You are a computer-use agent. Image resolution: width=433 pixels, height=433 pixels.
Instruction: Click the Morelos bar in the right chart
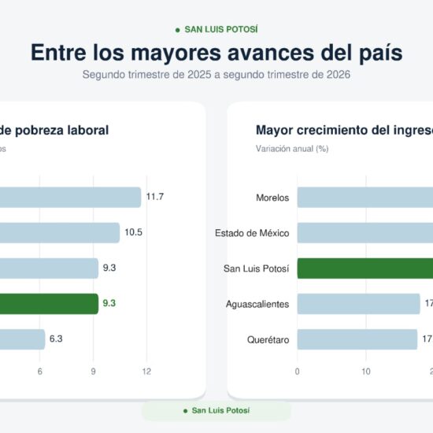point(365,197)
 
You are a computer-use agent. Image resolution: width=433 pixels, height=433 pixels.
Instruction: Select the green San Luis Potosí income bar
point(365,268)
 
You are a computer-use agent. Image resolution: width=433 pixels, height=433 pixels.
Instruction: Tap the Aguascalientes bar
point(358,304)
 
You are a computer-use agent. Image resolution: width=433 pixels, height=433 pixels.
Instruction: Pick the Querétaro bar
point(357,339)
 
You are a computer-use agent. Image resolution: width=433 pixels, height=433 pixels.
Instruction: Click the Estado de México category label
point(252,233)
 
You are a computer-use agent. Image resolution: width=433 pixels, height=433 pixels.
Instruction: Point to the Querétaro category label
point(268,339)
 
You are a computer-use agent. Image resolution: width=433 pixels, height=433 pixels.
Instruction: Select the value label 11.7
point(154,197)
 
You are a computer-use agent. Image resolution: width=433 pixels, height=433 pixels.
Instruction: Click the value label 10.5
point(133,232)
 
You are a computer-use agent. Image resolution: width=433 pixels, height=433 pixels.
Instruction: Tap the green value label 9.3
point(109,303)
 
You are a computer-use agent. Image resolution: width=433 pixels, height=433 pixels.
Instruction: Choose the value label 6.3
point(56,339)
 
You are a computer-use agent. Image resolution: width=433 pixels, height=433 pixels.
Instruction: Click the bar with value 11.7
point(70,197)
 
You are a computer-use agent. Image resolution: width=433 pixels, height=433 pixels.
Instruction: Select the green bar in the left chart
point(49,304)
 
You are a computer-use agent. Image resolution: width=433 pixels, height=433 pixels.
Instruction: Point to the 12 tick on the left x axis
point(146,372)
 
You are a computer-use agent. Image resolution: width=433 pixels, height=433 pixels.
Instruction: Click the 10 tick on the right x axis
point(366,372)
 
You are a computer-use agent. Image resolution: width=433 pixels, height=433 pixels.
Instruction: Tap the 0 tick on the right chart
point(297,372)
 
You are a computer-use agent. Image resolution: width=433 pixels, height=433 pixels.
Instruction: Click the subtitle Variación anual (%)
point(292,149)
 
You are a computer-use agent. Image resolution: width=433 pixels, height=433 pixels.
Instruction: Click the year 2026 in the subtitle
point(339,75)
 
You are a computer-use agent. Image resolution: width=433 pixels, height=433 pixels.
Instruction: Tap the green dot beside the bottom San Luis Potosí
point(185,411)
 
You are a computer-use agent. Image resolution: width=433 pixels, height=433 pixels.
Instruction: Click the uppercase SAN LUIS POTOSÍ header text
point(221,29)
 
